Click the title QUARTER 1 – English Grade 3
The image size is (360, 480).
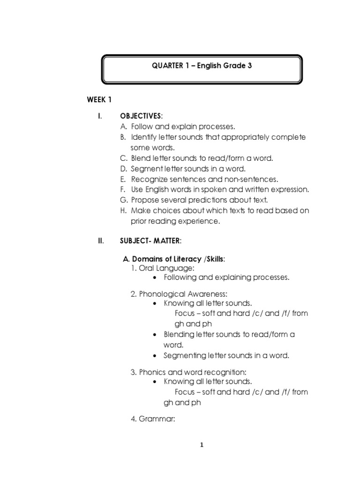(202, 66)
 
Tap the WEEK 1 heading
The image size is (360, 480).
(99, 99)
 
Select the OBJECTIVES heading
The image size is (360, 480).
(141, 116)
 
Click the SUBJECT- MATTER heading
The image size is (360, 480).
(150, 241)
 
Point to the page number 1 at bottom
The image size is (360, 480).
(202, 445)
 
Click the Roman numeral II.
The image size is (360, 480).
(100, 241)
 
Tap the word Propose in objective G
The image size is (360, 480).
(146, 200)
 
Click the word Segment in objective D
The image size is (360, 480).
(148, 169)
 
